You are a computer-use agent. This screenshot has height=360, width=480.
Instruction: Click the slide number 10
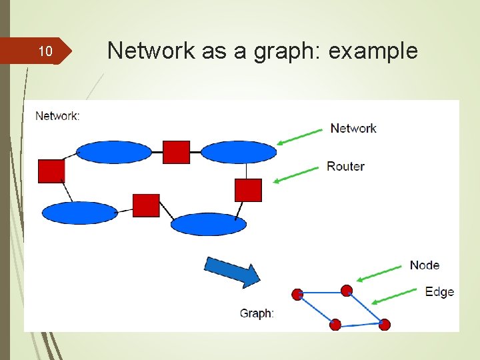pyautogui.click(x=45, y=51)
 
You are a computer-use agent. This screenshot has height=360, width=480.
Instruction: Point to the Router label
pyautogui.click(x=345, y=166)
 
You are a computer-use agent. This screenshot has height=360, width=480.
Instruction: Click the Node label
pyautogui.click(x=425, y=265)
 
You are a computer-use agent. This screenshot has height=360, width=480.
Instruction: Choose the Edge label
pyautogui.click(x=439, y=291)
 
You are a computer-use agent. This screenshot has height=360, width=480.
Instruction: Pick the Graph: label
pyautogui.click(x=257, y=313)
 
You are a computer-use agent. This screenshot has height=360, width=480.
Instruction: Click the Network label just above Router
pyautogui.click(x=353, y=128)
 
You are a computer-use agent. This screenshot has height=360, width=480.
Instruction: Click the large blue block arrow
pyautogui.click(x=231, y=271)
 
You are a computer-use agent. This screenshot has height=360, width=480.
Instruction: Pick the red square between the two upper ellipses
pyautogui.click(x=176, y=152)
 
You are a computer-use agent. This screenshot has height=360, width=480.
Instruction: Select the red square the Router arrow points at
pyautogui.click(x=248, y=190)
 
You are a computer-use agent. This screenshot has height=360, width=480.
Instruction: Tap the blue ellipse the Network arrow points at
pyautogui.click(x=238, y=152)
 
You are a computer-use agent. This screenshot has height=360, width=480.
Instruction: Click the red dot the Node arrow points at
pyautogui.click(x=346, y=290)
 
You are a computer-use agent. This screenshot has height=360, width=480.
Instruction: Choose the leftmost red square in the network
pyautogui.click(x=51, y=171)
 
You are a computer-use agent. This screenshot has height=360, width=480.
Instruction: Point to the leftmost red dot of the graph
pyautogui.click(x=297, y=294)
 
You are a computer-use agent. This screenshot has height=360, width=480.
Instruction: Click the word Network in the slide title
pyautogui.click(x=152, y=51)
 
